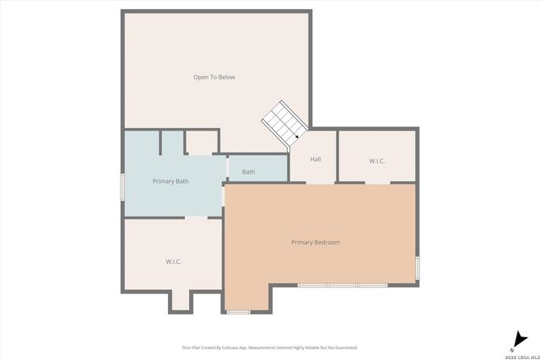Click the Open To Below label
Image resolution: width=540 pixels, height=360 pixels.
pyautogui.click(x=214, y=78)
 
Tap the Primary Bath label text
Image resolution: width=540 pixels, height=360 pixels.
pyautogui.click(x=170, y=181)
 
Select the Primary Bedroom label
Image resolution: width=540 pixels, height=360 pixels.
pyautogui.click(x=316, y=243)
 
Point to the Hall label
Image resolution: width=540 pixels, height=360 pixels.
pyautogui.click(x=316, y=159)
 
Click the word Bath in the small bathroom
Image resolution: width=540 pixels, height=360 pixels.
pyautogui.click(x=249, y=172)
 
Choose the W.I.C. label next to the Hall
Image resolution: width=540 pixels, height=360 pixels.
pyautogui.click(x=377, y=160)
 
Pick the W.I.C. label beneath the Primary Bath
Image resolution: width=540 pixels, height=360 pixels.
pyautogui.click(x=174, y=261)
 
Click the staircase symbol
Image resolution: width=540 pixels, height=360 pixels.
pyautogui.click(x=283, y=123)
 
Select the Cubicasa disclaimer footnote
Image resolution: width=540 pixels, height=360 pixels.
pyautogui.click(x=270, y=347)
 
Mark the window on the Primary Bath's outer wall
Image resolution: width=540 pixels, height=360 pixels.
pyautogui.click(x=124, y=186)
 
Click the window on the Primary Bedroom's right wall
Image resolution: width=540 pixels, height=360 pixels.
pyautogui.click(x=417, y=268)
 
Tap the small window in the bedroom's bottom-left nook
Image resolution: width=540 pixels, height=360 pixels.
pyautogui.click(x=239, y=312)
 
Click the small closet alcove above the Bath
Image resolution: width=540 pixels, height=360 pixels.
pyautogui.click(x=202, y=142)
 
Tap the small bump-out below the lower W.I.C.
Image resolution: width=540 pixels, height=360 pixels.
pyautogui.click(x=181, y=301)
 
